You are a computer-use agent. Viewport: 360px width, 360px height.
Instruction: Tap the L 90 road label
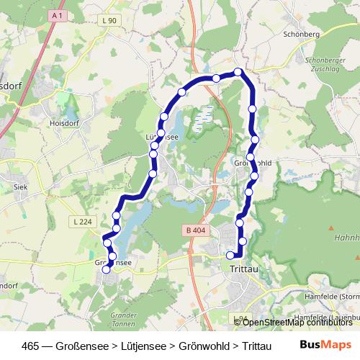pyautogui.click(x=109, y=21)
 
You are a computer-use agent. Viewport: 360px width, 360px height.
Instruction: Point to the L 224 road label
pyautogui.click(x=84, y=221)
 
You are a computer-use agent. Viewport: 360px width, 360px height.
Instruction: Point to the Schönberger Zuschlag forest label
pyautogui.click(x=326, y=66)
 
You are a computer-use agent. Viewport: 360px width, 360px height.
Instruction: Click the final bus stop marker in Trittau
pyautogui.click(x=231, y=255)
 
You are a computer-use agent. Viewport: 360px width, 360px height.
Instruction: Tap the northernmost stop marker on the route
pyautogui.click(x=238, y=71)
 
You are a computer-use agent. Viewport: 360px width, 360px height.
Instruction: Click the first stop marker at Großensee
pyautogui.click(x=107, y=270)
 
